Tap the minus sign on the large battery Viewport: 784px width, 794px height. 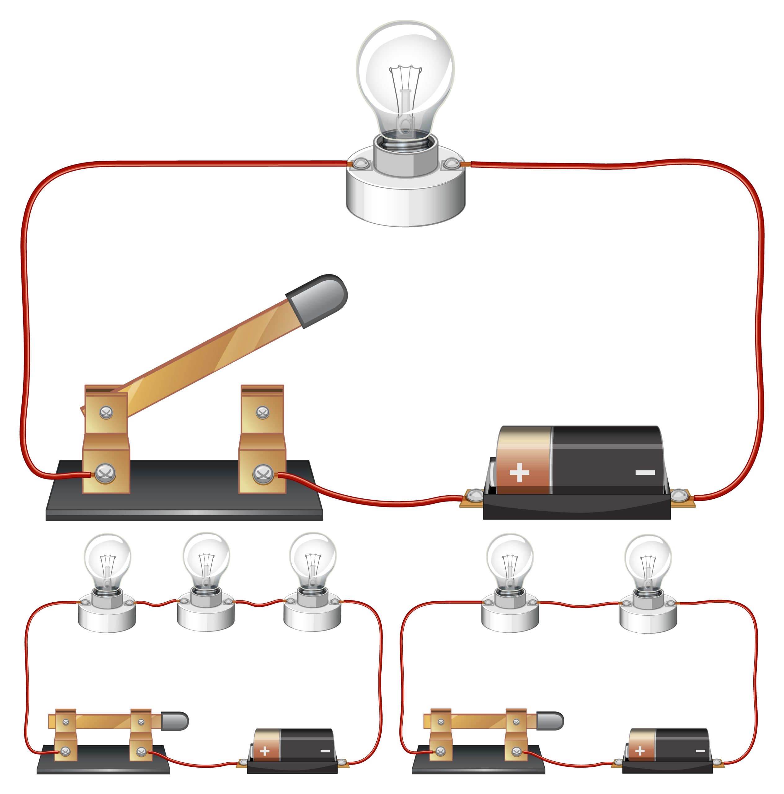(645, 473)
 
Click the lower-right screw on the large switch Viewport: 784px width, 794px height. (263, 474)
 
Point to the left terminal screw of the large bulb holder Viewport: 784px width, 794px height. (360, 164)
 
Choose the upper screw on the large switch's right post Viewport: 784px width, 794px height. (263, 412)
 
